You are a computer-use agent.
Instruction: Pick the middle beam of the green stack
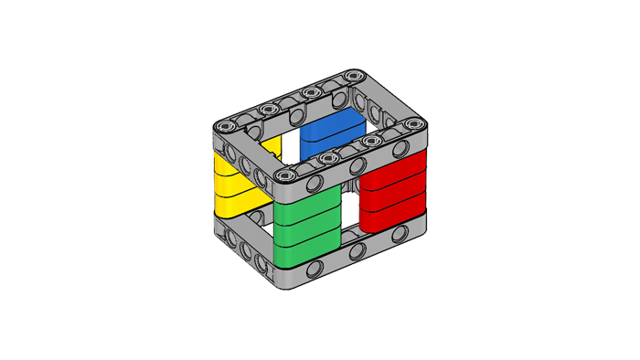click(306, 230)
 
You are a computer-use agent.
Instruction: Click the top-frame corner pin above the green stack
click(286, 175)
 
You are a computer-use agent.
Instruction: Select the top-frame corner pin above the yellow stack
click(228, 123)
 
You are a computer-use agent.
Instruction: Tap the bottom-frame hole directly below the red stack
click(400, 232)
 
